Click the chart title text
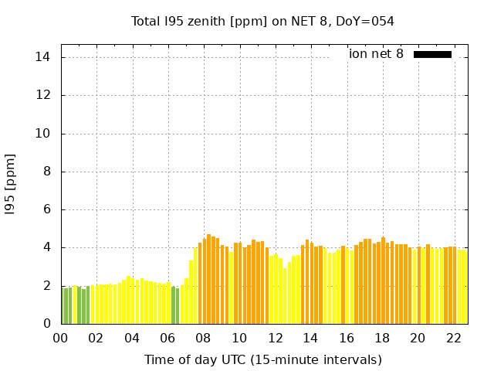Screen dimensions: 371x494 click(262, 21)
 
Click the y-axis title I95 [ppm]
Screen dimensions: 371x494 click(10, 184)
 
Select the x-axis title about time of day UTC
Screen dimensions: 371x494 click(262, 359)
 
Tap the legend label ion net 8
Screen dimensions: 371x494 click(376, 54)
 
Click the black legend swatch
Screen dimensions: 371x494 click(432, 54)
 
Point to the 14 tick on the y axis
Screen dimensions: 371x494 click(43, 57)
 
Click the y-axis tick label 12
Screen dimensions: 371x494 click(43, 95)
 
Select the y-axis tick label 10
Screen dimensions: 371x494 click(43, 133)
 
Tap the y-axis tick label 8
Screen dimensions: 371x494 click(46, 172)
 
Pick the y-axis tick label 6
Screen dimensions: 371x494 click(46, 209)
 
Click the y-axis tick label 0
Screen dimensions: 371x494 click(46, 324)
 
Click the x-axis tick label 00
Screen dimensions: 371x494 click(61, 338)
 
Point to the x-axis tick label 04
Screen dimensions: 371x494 click(132, 338)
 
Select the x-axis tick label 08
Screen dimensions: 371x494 click(204, 338)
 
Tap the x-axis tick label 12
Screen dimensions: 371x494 click(275, 338)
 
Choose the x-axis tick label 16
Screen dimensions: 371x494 click(347, 338)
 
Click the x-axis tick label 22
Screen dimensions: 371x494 click(453, 338)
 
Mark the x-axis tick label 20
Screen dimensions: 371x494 click(418, 338)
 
